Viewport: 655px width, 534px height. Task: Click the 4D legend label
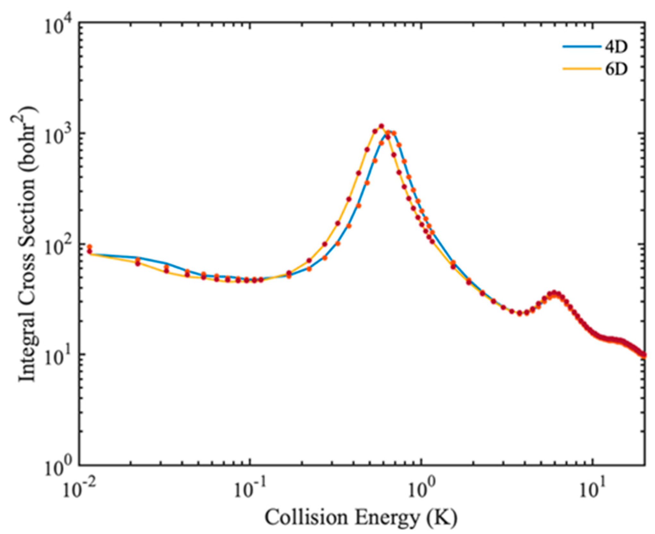click(x=614, y=47)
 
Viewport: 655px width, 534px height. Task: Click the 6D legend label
click(x=614, y=69)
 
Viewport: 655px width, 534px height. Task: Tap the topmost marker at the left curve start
click(x=90, y=247)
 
